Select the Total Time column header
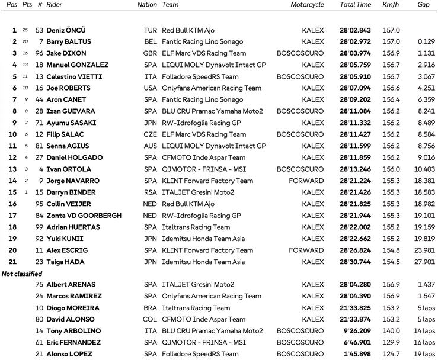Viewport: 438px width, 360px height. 356,5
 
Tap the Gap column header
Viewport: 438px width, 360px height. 423,5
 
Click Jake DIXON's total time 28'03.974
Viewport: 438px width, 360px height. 356,53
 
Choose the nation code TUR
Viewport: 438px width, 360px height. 151,30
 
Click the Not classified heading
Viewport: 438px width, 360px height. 22,274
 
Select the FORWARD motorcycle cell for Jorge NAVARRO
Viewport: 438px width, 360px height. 306,181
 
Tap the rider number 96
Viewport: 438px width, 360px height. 40,53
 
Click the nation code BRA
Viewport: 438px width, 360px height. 151,308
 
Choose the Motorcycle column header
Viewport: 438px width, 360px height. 307,5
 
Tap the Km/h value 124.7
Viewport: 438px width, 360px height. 392,354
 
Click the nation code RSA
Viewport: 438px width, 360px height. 151,193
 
